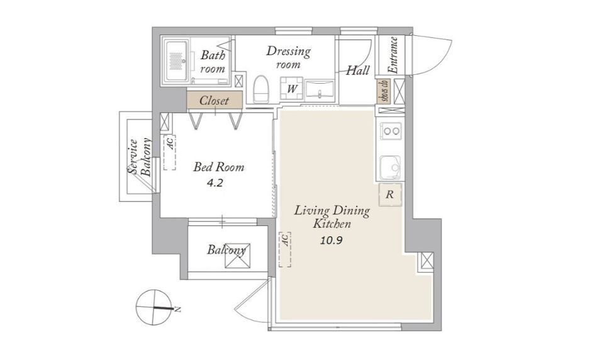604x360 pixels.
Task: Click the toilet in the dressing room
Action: point(260,89)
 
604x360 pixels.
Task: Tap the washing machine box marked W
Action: point(292,88)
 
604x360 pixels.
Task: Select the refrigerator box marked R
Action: point(390,194)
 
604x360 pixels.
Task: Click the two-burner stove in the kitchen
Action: point(391,131)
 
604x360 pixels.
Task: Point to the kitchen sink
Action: point(391,167)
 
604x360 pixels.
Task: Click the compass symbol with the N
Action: point(154,307)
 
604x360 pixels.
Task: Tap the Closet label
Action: point(214,101)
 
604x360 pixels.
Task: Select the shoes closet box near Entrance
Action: point(383,91)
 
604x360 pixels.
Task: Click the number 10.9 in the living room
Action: point(332,241)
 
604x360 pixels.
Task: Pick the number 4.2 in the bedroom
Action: point(215,183)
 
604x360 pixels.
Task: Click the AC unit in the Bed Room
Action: point(169,153)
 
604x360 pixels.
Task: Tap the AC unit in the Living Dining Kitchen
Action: point(285,249)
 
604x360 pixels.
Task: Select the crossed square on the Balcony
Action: point(238,256)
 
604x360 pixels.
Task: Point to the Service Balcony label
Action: point(140,157)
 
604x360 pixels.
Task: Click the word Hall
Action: point(358,70)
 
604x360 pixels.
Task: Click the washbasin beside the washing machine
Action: point(320,91)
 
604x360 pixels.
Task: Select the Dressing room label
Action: point(288,57)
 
